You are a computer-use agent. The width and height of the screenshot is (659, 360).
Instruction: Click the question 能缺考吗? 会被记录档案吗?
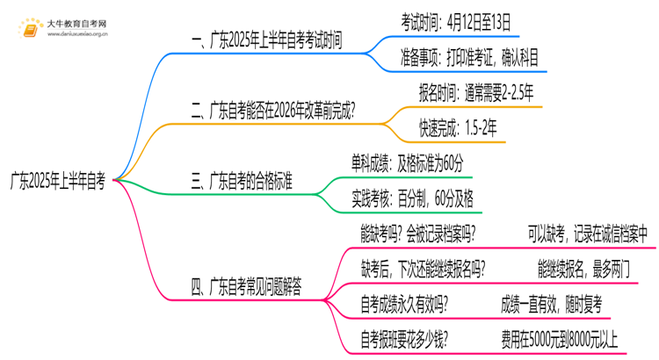[x=419, y=234]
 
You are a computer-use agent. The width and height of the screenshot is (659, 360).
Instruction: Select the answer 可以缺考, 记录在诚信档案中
[x=588, y=234]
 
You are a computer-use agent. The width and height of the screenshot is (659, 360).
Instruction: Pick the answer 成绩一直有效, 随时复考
[x=552, y=304]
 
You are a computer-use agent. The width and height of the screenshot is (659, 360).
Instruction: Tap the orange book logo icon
[x=31, y=28]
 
